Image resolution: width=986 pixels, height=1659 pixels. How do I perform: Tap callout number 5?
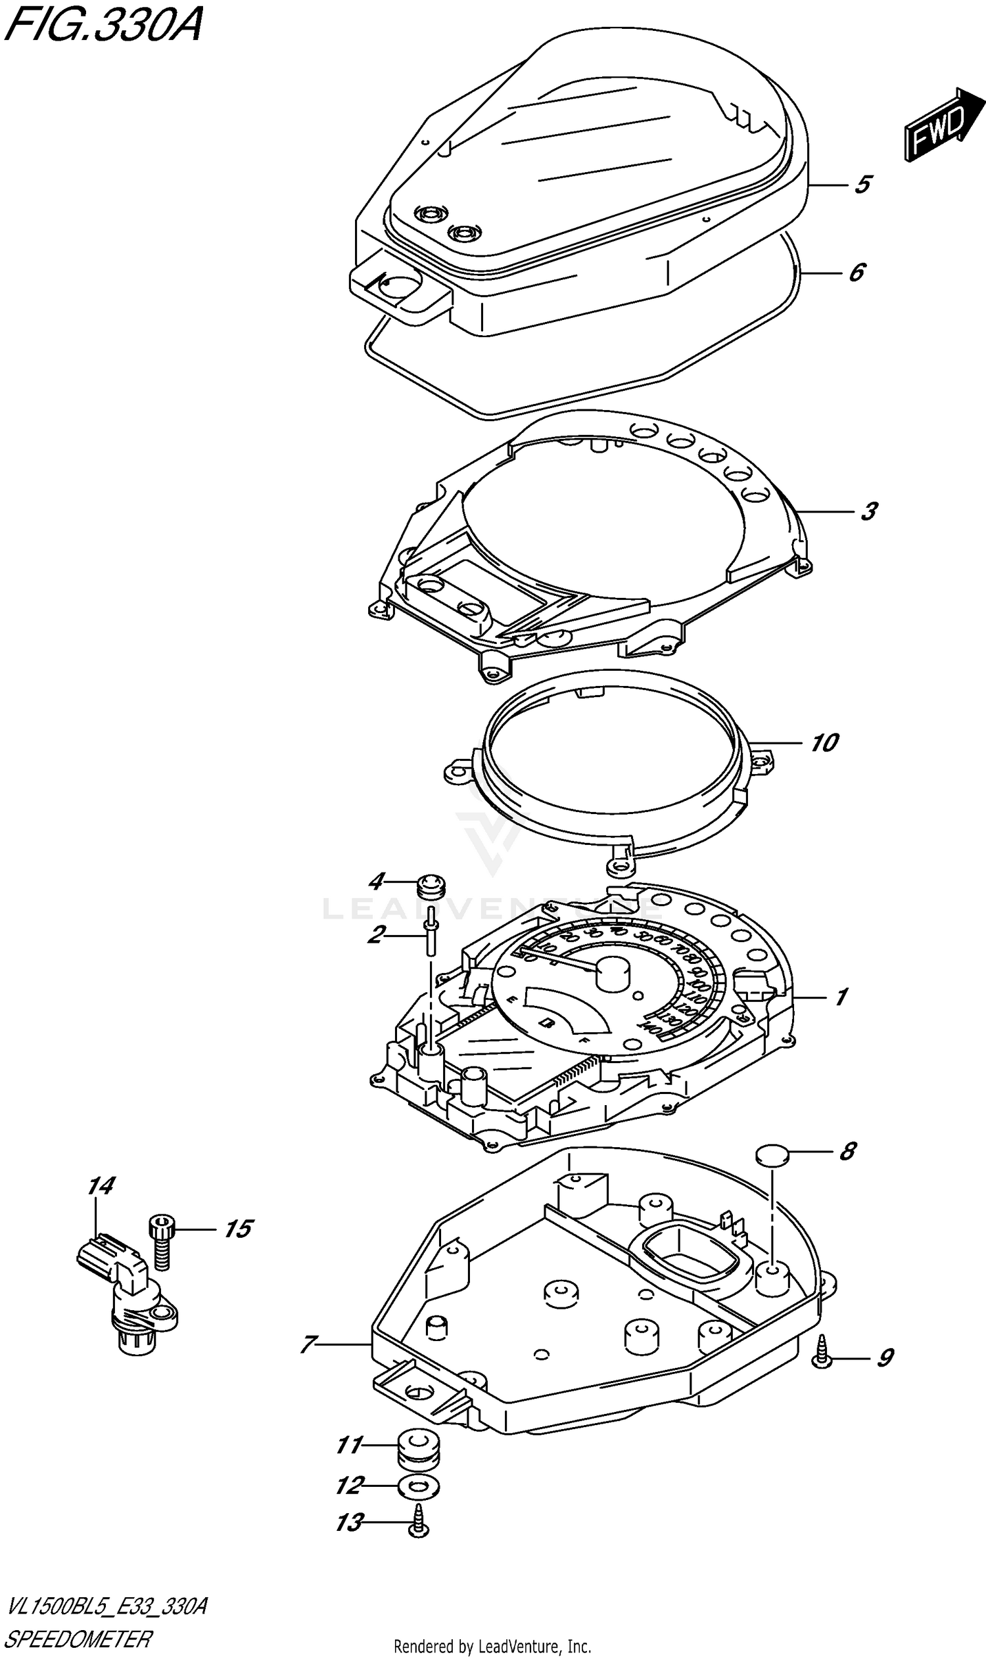tap(862, 184)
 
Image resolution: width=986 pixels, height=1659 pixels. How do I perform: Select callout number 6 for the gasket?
tap(857, 271)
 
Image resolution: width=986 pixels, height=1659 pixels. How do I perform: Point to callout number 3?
tap(868, 511)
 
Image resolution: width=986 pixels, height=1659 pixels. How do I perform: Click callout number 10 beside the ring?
tap(824, 742)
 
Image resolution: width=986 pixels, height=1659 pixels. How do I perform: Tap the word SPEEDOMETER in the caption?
tap(78, 1639)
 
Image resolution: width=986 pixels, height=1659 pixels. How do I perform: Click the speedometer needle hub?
tap(613, 973)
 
